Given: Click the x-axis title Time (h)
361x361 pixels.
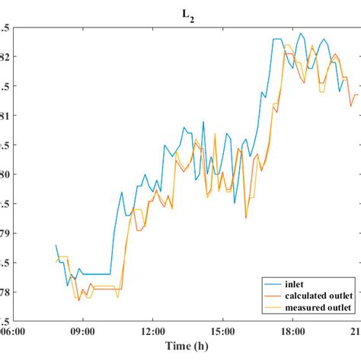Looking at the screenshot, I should tap(187, 347).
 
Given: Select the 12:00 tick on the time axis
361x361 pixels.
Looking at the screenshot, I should tap(152, 331).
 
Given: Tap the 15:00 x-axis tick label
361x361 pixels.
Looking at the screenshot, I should tap(222, 331).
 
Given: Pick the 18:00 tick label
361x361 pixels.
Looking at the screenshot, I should tap(292, 331).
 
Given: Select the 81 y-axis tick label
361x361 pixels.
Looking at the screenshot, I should tap(5, 116).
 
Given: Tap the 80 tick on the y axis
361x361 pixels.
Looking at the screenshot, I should tap(5, 174).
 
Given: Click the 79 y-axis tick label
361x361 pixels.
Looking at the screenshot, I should tap(5, 233).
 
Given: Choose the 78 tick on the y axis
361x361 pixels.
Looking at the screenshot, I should tap(5, 292).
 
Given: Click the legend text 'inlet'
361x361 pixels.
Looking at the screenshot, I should tap(296, 283).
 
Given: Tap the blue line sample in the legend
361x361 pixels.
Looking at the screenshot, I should tap(272, 283).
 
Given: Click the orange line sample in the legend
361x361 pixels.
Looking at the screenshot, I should tap(272, 295).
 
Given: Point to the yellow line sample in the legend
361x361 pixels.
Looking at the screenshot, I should tap(272, 307).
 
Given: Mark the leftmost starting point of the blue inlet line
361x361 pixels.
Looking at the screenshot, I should tap(56, 245).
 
